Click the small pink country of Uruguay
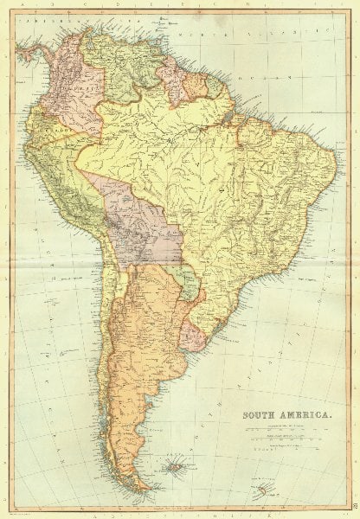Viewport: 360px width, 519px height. [192, 336]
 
